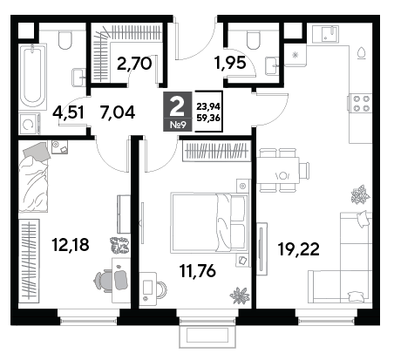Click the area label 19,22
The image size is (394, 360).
pyautogui.click(x=298, y=249)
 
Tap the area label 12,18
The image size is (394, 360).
pyautogui.click(x=71, y=244)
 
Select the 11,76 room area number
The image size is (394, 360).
pyautogui.click(x=198, y=271)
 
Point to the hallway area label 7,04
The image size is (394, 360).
pyautogui.click(x=118, y=112)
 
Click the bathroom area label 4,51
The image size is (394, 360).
pyautogui.click(x=68, y=112)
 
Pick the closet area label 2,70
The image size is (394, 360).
pyautogui.click(x=134, y=64)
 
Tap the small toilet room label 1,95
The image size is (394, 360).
pyautogui.click(x=230, y=63)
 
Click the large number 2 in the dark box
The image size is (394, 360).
pyautogui.click(x=177, y=106)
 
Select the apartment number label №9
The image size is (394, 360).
pyautogui.click(x=177, y=126)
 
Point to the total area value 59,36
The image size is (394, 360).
pyautogui.click(x=208, y=119)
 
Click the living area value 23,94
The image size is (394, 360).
pyautogui.click(x=208, y=107)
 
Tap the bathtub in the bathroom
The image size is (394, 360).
pyautogui.click(x=32, y=77)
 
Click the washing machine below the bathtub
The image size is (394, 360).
pyautogui.click(x=29, y=124)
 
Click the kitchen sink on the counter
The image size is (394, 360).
pyautogui.click(x=330, y=33)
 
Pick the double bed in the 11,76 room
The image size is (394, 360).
pyautogui.click(x=209, y=222)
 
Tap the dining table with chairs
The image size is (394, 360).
pyautogui.click(x=281, y=170)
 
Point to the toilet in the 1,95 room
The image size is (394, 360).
pyautogui.click(x=253, y=40)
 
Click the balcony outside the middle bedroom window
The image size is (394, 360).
pyautogui.click(x=207, y=336)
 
